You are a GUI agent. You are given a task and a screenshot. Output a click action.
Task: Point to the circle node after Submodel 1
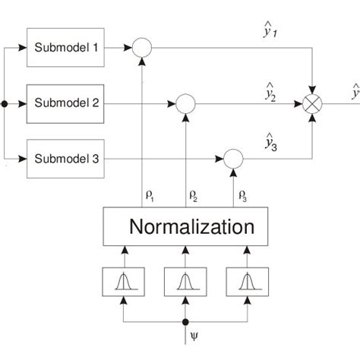point(142,48)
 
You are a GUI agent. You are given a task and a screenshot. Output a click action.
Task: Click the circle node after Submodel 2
point(185,103)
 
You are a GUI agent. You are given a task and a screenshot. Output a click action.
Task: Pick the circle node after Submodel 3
point(232,159)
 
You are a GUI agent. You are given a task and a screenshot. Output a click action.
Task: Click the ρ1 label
point(150,197)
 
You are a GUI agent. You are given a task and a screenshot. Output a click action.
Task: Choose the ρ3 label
point(241,197)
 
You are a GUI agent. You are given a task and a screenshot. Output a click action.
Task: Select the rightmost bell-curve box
point(244,282)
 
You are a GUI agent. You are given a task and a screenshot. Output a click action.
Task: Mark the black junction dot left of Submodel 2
point(6,103)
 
